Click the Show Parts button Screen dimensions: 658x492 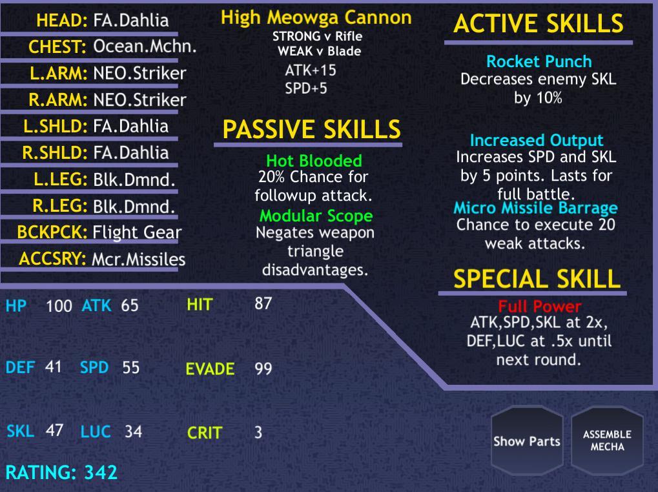527,441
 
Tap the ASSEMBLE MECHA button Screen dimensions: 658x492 607,441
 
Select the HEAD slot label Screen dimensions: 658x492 62,20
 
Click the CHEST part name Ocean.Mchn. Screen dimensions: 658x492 145,46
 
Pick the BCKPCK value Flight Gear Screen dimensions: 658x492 137,232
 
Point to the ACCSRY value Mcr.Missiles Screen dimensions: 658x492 138,259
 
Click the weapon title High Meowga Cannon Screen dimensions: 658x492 316,17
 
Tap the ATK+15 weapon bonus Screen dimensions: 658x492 311,70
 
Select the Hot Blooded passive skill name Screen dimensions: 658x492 314,161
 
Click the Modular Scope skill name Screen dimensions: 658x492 316,216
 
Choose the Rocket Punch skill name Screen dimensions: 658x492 539,61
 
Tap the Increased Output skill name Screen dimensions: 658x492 537,140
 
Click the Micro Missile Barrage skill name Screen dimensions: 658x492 535,208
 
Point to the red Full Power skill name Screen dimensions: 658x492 540,306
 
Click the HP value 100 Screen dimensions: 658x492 59,306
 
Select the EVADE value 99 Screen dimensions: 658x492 263,369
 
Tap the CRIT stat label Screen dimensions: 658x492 204,433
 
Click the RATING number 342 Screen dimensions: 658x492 101,472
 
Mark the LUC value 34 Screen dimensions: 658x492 134,431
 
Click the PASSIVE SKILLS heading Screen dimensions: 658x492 311,129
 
